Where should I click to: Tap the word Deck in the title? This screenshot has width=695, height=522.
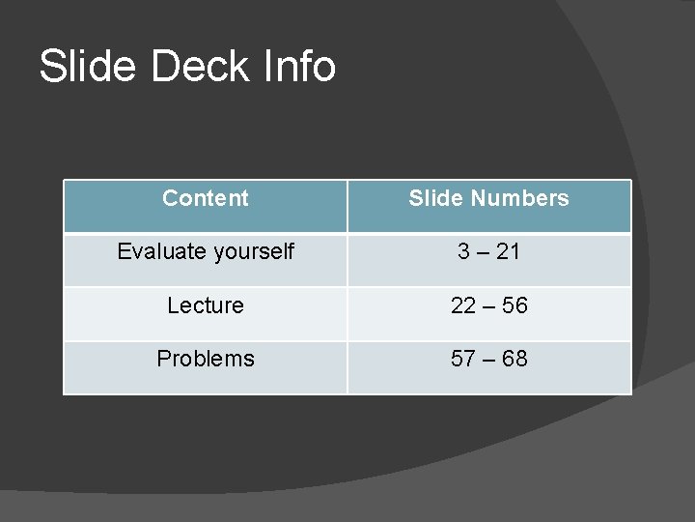[x=192, y=67]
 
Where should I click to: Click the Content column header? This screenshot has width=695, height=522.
[x=206, y=198]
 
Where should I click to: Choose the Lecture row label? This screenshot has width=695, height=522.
[x=206, y=305]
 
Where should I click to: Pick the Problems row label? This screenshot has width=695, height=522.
[x=206, y=359]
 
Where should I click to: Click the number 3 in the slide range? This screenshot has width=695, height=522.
[x=464, y=252]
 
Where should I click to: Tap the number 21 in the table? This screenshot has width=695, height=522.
[x=507, y=252]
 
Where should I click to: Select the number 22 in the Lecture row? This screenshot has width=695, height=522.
[x=463, y=305]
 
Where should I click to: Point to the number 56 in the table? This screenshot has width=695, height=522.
[x=514, y=305]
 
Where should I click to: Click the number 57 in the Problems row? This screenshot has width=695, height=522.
[x=463, y=359]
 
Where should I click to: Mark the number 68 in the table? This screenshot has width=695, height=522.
[x=514, y=359]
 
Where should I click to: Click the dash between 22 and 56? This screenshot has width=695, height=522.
[x=488, y=306]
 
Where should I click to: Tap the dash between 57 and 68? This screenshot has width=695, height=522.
[x=488, y=360]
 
